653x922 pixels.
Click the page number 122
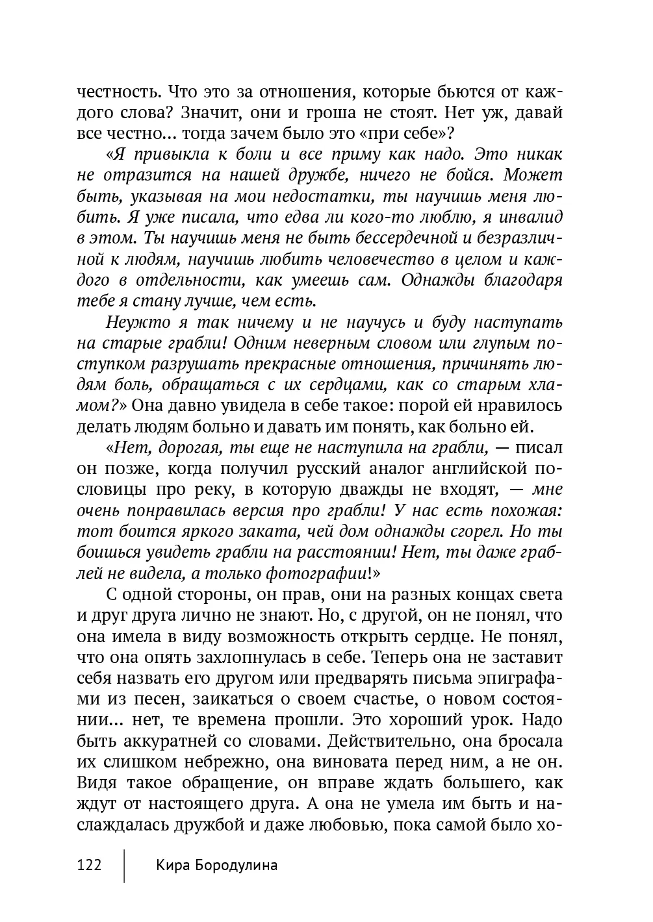(x=89, y=866)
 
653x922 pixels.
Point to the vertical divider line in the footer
(x=124, y=864)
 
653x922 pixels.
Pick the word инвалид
(x=531, y=218)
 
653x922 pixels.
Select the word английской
(x=477, y=469)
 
